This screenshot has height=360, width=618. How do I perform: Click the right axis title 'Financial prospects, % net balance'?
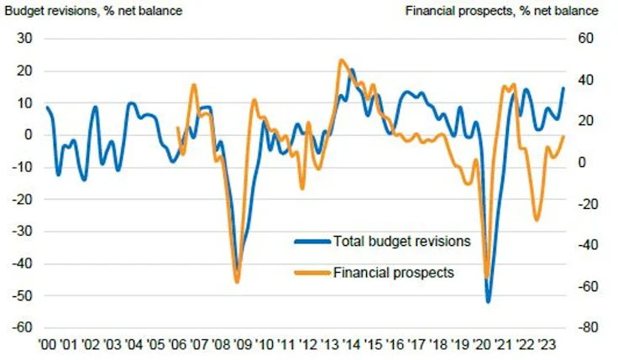click(502, 11)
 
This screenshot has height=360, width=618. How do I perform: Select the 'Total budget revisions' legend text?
click(401, 242)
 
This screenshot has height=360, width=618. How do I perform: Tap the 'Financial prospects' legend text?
click(394, 272)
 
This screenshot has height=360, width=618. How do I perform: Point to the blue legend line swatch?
click(312, 242)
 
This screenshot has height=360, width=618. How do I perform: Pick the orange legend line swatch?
click(312, 272)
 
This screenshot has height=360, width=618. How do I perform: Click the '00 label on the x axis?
click(47, 345)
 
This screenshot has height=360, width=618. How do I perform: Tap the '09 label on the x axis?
click(243, 345)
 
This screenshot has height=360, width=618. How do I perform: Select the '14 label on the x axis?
click(352, 345)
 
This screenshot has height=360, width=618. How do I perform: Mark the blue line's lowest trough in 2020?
click(488, 301)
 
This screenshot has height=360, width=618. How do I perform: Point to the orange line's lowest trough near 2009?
click(237, 282)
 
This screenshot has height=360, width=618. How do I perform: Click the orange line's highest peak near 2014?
click(341, 60)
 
